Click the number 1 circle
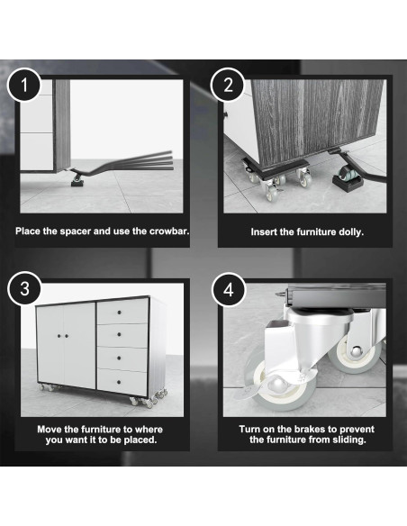(x=23, y=88)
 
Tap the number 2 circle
(x=225, y=87)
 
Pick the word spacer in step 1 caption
(x=80, y=231)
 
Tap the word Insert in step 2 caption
(x=267, y=231)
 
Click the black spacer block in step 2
(x=346, y=180)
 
